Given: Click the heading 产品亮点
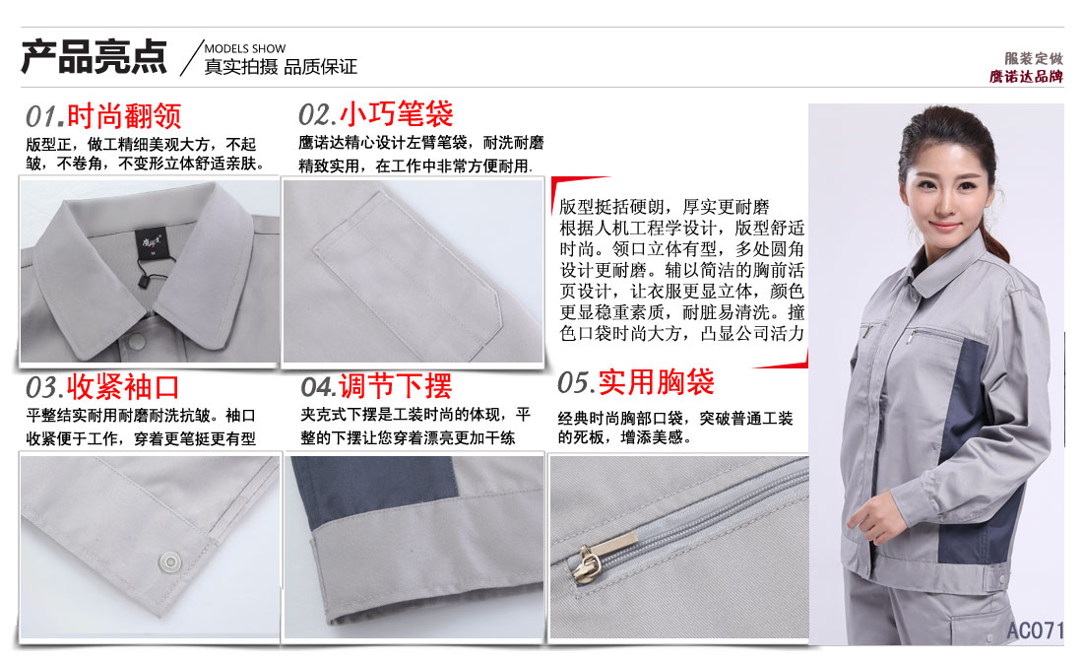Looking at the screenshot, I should pyautogui.click(x=95, y=57).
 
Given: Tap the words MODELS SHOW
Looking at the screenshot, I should pyautogui.click(x=245, y=48).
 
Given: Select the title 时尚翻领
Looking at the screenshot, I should pyautogui.click(x=124, y=117).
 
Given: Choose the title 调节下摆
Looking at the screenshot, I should pyautogui.click(x=395, y=385).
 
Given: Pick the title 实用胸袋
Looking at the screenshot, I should pyautogui.click(x=656, y=382).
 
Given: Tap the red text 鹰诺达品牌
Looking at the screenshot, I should pyautogui.click(x=1027, y=77).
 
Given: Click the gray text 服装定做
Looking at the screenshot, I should pyautogui.click(x=1034, y=59).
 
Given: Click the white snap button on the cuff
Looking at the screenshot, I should pyautogui.click(x=170, y=561).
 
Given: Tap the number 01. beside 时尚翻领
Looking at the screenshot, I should pyautogui.click(x=44, y=117).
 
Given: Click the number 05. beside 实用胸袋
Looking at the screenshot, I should pyautogui.click(x=575, y=382).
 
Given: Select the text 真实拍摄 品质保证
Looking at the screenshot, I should pyautogui.click(x=281, y=68).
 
